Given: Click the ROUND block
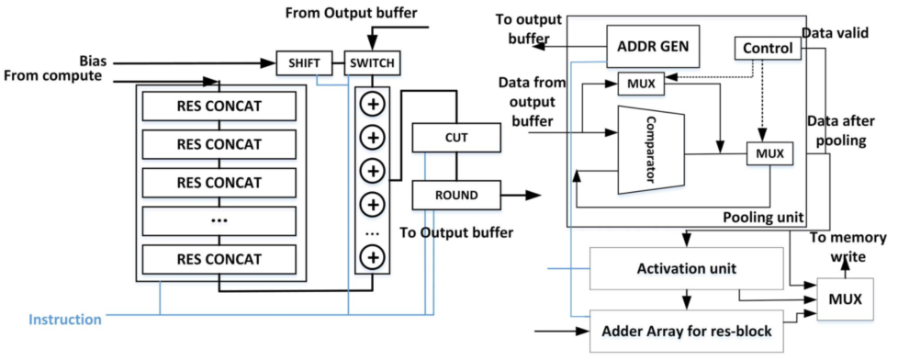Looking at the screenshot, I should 456,194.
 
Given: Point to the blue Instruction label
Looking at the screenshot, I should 64,320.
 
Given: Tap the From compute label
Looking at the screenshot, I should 52,75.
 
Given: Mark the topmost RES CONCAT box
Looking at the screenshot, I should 219,106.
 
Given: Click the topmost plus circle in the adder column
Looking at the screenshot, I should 373,103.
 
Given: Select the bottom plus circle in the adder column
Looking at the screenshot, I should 373,257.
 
